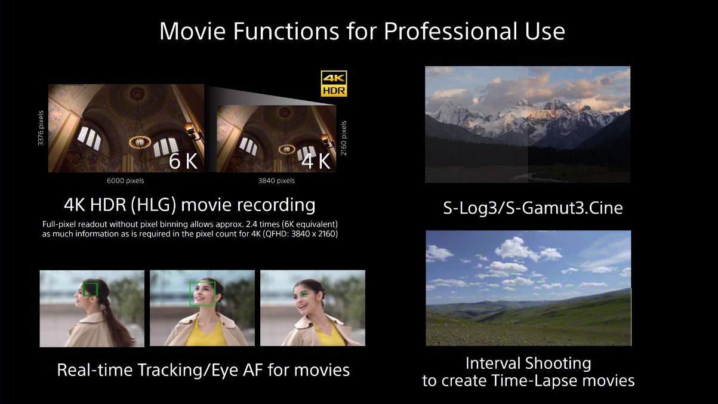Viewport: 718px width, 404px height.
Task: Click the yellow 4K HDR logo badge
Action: coord(334,84)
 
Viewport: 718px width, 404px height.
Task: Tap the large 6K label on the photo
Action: coord(183,161)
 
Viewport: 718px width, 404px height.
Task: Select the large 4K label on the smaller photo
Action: coord(316,161)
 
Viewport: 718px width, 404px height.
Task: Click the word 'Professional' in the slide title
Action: coord(451,32)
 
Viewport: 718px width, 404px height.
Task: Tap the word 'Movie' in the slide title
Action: coord(193,32)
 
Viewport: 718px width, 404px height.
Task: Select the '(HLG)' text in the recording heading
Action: coord(153,205)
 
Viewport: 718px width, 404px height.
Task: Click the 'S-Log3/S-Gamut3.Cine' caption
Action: coord(533,208)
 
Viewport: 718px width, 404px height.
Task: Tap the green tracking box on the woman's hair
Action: coord(90,289)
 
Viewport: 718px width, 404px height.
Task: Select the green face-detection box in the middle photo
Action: coord(202,294)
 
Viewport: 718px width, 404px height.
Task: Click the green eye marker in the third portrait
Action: coord(304,293)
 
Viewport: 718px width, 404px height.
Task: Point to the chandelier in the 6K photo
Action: coord(140,141)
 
